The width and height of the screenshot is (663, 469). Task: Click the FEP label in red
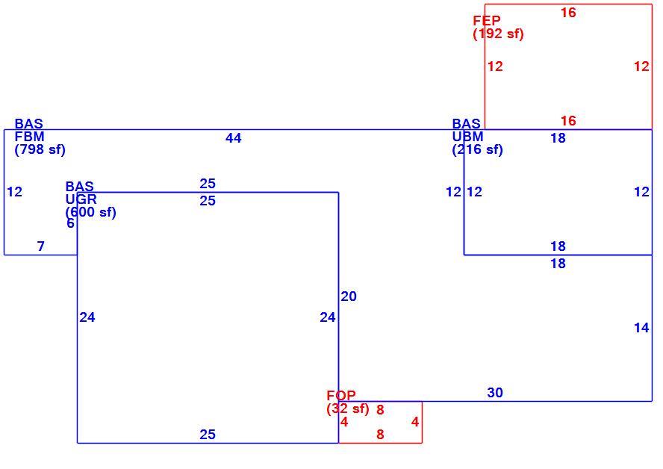tap(487, 20)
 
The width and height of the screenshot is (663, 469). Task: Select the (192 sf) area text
tap(498, 34)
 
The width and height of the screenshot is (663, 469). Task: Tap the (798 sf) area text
tap(40, 149)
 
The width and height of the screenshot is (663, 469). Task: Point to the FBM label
tap(30, 137)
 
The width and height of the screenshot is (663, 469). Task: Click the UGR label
tap(81, 199)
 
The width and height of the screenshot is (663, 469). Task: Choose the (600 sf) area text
tap(90, 212)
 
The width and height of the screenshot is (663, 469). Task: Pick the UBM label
tap(467, 137)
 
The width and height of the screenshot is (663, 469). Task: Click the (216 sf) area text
tap(477, 149)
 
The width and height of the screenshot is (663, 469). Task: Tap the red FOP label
tap(341, 395)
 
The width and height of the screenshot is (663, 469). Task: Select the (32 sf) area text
tap(348, 409)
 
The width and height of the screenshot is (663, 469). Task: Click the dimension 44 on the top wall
tap(234, 138)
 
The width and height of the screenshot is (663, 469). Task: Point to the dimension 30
tap(495, 393)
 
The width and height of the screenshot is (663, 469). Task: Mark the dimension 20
tap(349, 296)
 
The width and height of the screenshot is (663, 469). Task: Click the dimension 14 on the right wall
tap(641, 327)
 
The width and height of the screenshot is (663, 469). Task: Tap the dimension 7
tap(40, 246)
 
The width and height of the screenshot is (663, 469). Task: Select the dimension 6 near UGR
tap(71, 223)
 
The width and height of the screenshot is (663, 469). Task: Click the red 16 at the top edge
tap(568, 13)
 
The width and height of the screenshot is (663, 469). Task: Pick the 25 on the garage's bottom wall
tap(208, 435)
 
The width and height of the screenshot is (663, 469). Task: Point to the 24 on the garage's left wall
tap(87, 317)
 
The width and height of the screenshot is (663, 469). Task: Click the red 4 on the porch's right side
tap(415, 422)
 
